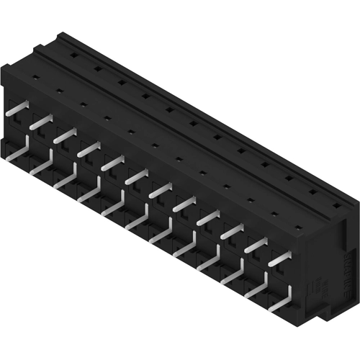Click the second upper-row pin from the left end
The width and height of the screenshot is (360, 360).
pos(42,122)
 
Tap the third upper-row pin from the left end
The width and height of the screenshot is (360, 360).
pos(66,136)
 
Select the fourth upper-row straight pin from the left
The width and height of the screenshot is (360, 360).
pos(89,150)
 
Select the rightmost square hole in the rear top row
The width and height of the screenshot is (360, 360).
pos(337,206)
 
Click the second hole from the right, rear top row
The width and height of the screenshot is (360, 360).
pos(314,192)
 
